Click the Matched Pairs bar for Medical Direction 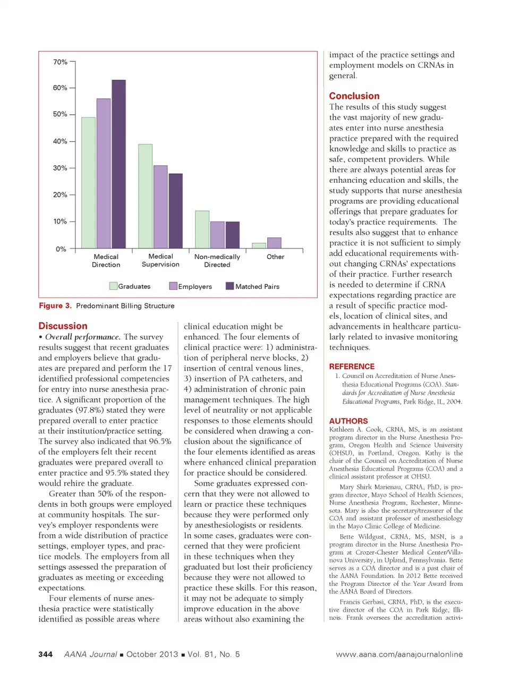pyautogui.click(x=118, y=164)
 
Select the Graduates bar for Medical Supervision pyautogui.click(x=145, y=196)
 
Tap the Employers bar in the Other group pyautogui.click(x=274, y=243)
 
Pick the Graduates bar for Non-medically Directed pyautogui.click(x=202, y=229)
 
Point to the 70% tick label pyautogui.click(x=60, y=62)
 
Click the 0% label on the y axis pyautogui.click(x=61, y=249)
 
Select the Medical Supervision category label pyautogui.click(x=160, y=260)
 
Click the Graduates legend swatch pyautogui.click(x=113, y=286)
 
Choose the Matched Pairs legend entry pyautogui.click(x=252, y=286)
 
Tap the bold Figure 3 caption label pyautogui.click(x=55, y=306)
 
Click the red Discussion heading pyautogui.click(x=63, y=326)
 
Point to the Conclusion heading pyautogui.click(x=354, y=96)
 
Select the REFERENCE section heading pyautogui.click(x=352, y=366)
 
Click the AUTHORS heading pyautogui.click(x=348, y=421)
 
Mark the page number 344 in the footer pyautogui.click(x=46, y=654)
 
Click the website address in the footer pyautogui.click(x=399, y=654)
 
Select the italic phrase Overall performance pyautogui.click(x=82, y=337)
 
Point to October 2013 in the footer pyautogui.click(x=152, y=654)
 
